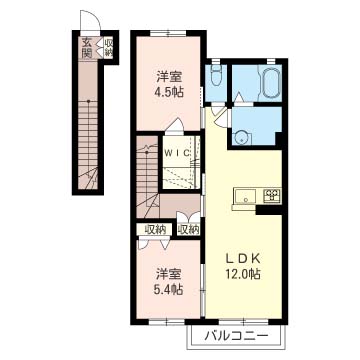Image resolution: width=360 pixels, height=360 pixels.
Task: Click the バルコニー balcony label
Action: point(236,336)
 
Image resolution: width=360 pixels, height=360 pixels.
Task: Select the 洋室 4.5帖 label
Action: point(170,85)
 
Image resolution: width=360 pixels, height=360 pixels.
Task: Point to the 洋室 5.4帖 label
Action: point(169,283)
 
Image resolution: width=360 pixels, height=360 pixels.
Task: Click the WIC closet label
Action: point(178,153)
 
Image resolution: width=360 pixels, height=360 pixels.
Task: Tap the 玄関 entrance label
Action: point(87,48)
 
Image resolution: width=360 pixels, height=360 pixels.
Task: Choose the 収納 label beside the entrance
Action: point(109,48)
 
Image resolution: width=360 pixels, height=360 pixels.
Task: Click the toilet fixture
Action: point(216,77)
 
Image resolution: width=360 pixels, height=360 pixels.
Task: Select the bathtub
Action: point(270,83)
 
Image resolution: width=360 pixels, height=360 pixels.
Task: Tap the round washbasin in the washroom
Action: point(240,138)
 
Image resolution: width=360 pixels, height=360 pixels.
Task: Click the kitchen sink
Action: point(246,196)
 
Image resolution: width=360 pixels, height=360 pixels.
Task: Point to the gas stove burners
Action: point(272,196)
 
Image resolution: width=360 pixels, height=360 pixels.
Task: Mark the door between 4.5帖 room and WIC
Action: point(174,127)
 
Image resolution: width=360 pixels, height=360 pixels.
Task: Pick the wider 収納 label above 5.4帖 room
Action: point(155,229)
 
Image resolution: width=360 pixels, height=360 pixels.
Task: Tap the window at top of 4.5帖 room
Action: point(168,33)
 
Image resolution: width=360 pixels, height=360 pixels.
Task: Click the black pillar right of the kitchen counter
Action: point(269,210)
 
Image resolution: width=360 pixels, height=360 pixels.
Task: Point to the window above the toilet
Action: point(216,61)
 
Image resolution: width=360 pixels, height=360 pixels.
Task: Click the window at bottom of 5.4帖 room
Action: point(166,322)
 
